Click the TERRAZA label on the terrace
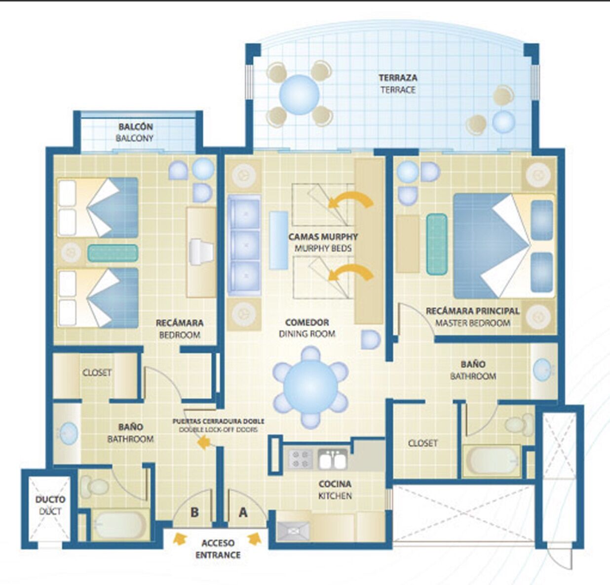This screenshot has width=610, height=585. coord(398,78)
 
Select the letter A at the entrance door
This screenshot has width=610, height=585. coord(243,512)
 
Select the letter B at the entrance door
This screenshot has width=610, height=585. coord(194,512)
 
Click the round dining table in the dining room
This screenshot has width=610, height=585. coord(310,387)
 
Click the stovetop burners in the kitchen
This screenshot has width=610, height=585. coord(300,459)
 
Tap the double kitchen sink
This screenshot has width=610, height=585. coord(332,459)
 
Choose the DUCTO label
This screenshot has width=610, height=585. coord(50,499)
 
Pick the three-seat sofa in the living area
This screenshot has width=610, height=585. coord(244,245)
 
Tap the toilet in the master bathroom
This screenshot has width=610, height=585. coord(519,424)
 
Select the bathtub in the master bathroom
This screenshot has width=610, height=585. coord(492,460)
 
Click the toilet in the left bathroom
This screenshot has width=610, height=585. coord(95,487)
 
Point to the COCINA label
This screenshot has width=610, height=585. coord(335,484)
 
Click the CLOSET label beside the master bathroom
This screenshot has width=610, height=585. coord(422,443)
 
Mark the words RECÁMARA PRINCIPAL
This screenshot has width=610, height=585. coord(472,311)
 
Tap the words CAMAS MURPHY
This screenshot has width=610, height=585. coord(323,237)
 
